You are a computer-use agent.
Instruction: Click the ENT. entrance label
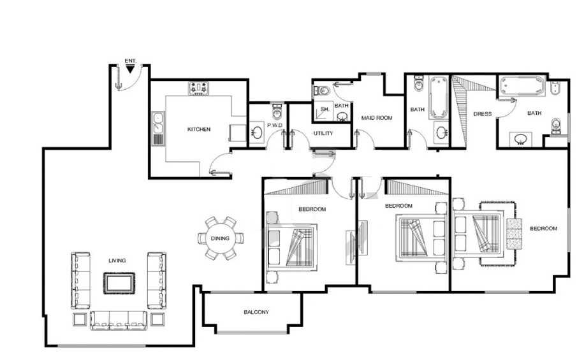[130, 61]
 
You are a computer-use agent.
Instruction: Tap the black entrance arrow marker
[130, 69]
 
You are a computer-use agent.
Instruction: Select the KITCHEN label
[199, 129]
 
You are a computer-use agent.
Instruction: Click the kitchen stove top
[199, 89]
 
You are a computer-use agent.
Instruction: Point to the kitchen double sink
[158, 123]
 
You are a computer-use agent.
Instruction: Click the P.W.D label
[275, 126]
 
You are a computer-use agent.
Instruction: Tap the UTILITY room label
[323, 133]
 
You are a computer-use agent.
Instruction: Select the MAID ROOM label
[376, 118]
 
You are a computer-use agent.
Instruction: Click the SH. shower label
[325, 109]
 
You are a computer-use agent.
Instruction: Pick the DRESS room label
[483, 114]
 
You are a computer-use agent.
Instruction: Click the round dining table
[221, 238]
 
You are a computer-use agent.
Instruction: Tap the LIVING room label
[117, 261]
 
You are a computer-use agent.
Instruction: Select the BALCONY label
[256, 312]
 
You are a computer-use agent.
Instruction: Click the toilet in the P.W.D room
[277, 112]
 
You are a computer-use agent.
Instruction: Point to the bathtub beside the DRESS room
[522, 87]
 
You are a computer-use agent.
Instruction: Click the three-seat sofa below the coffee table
[119, 320]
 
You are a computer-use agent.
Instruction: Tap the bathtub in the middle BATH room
[439, 97]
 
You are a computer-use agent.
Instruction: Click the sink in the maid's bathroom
[342, 117]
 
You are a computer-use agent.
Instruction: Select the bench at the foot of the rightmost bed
[514, 234]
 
